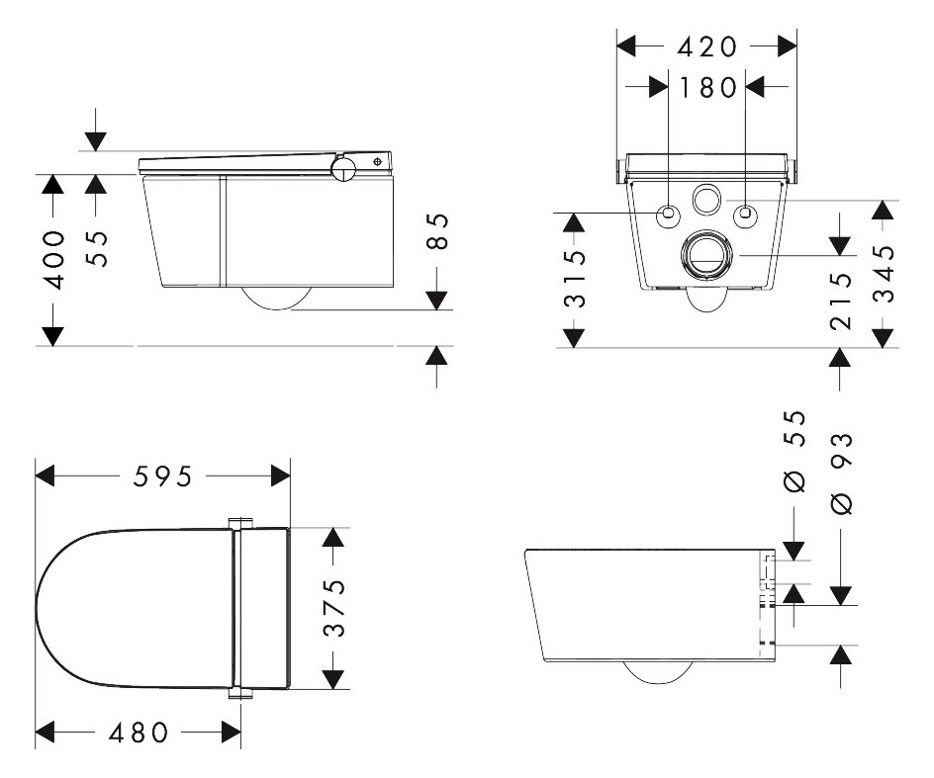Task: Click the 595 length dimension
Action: [x=162, y=476]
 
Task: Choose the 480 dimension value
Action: [x=139, y=733]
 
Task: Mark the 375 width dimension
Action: [x=335, y=608]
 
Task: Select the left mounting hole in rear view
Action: [x=669, y=213]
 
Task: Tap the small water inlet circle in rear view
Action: [x=706, y=200]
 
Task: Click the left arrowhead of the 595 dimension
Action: [x=46, y=476]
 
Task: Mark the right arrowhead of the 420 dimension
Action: [x=787, y=45]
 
